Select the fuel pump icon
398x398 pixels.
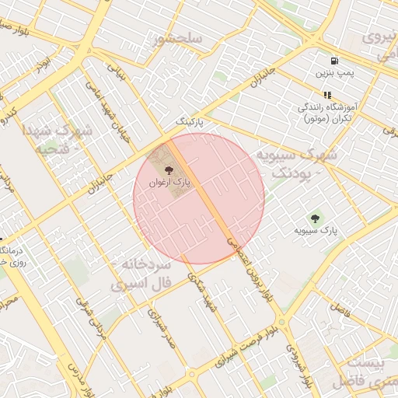click(334, 61)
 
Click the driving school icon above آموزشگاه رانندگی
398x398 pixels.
click(327, 95)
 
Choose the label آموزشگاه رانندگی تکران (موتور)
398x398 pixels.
click(327, 113)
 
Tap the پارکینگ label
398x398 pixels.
click(190, 122)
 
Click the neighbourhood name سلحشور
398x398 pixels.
click(178, 38)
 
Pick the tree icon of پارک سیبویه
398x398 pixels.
click(315, 218)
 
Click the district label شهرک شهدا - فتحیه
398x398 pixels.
click(58, 138)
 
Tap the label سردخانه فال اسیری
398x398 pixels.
click(140, 274)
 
